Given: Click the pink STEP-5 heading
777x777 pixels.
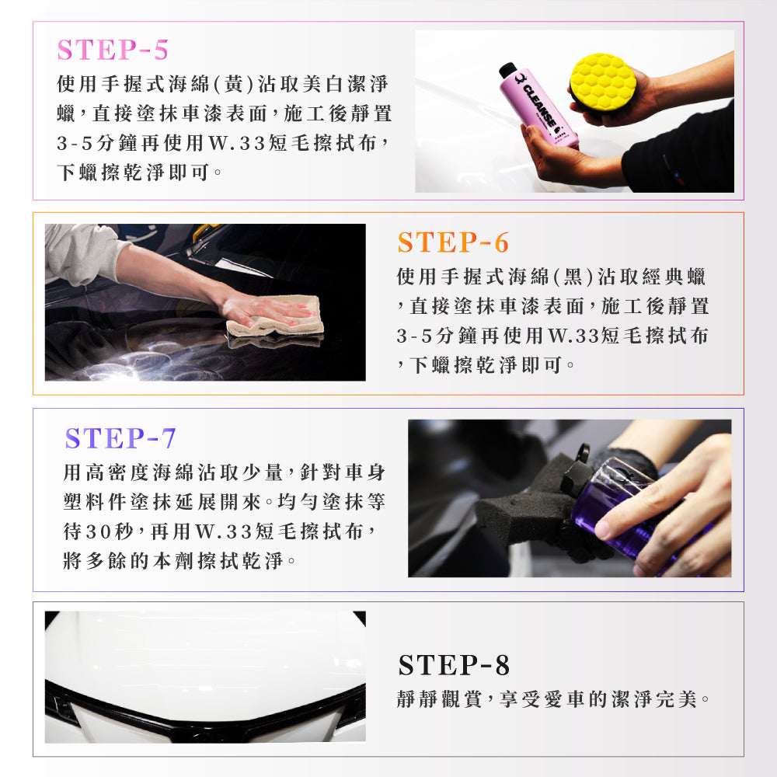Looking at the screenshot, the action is (113, 50).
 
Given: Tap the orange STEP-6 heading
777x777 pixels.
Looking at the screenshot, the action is (453, 242).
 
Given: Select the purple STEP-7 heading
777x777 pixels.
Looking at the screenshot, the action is (120, 438).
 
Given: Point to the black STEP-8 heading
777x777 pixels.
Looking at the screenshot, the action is (454, 665).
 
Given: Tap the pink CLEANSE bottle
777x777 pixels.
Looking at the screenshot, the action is (539, 106).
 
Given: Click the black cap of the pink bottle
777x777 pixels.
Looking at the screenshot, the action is (508, 71).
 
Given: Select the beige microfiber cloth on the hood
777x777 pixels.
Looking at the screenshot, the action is (276, 317).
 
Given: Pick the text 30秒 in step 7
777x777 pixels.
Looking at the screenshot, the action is (110, 531).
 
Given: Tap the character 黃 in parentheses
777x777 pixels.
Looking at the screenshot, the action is (234, 84).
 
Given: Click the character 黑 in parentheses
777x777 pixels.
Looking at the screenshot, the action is (573, 277).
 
